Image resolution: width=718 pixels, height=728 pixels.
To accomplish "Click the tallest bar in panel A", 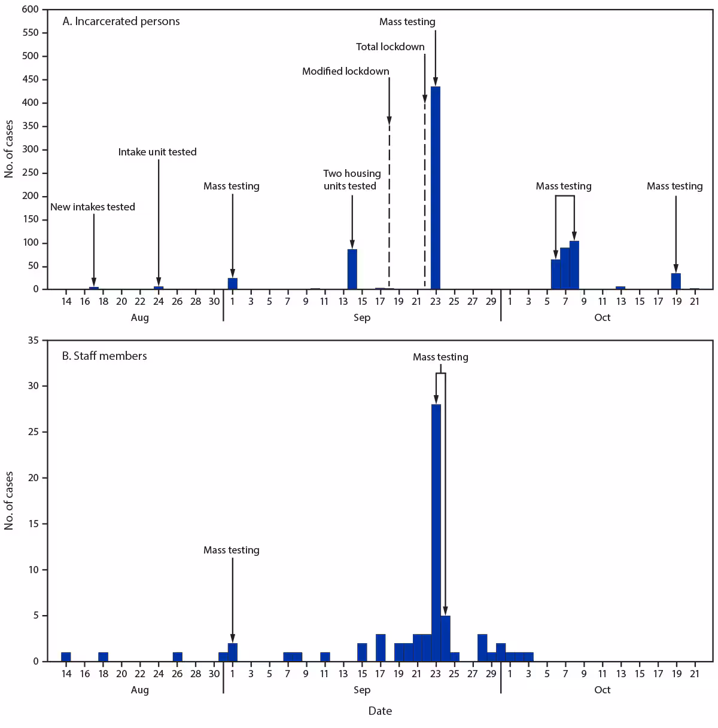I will (435, 188).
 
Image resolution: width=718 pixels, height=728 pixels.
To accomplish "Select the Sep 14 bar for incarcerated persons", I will (352, 269).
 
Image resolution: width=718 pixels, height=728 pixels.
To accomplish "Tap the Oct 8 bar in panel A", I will (574, 265).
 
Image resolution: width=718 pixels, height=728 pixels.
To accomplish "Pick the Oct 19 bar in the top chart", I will (676, 281).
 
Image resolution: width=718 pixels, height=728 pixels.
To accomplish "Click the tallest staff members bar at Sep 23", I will (436, 532).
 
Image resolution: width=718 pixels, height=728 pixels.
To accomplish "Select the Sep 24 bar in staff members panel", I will (445, 638).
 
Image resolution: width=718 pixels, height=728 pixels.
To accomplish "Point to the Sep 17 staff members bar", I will (381, 648).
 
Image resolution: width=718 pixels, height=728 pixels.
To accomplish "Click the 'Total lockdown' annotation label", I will (390, 47).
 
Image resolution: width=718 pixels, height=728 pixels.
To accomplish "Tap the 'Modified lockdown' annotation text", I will (345, 71).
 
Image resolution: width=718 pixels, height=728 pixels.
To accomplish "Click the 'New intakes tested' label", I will (93, 207).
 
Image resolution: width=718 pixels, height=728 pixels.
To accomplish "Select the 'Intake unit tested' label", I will (157, 152).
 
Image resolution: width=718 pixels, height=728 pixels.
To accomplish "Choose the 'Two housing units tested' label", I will (352, 179).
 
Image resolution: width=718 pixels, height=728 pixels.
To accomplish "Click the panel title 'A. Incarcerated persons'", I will (121, 22).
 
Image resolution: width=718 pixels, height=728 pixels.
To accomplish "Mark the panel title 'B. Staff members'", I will (105, 356).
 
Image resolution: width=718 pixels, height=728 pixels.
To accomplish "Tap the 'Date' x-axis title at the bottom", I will (380, 711).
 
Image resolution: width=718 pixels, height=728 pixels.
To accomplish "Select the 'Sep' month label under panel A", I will (361, 317).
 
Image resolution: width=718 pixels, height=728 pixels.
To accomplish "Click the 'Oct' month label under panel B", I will (602, 690).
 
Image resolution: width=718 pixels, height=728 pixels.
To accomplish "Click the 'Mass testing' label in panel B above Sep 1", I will (232, 550).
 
